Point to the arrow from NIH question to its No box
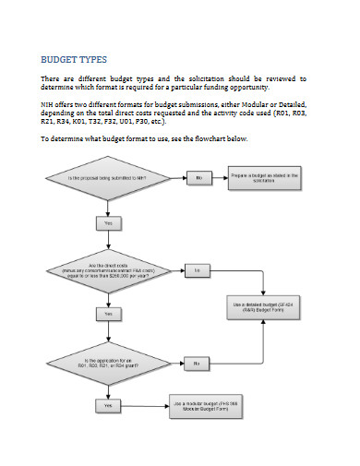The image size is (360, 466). coord(172,176)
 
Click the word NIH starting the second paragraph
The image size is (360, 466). coord(47,105)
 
